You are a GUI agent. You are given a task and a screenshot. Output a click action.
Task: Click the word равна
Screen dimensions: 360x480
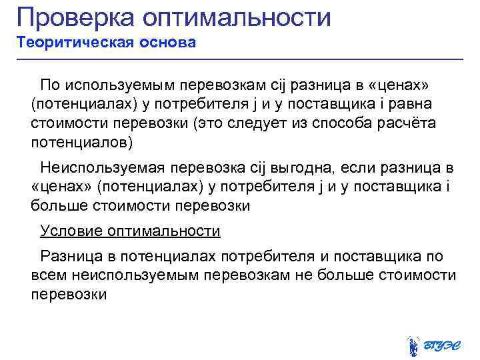[x=411, y=105]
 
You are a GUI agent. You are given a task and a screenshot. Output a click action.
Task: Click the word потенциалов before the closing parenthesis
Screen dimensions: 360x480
[x=79, y=143]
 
